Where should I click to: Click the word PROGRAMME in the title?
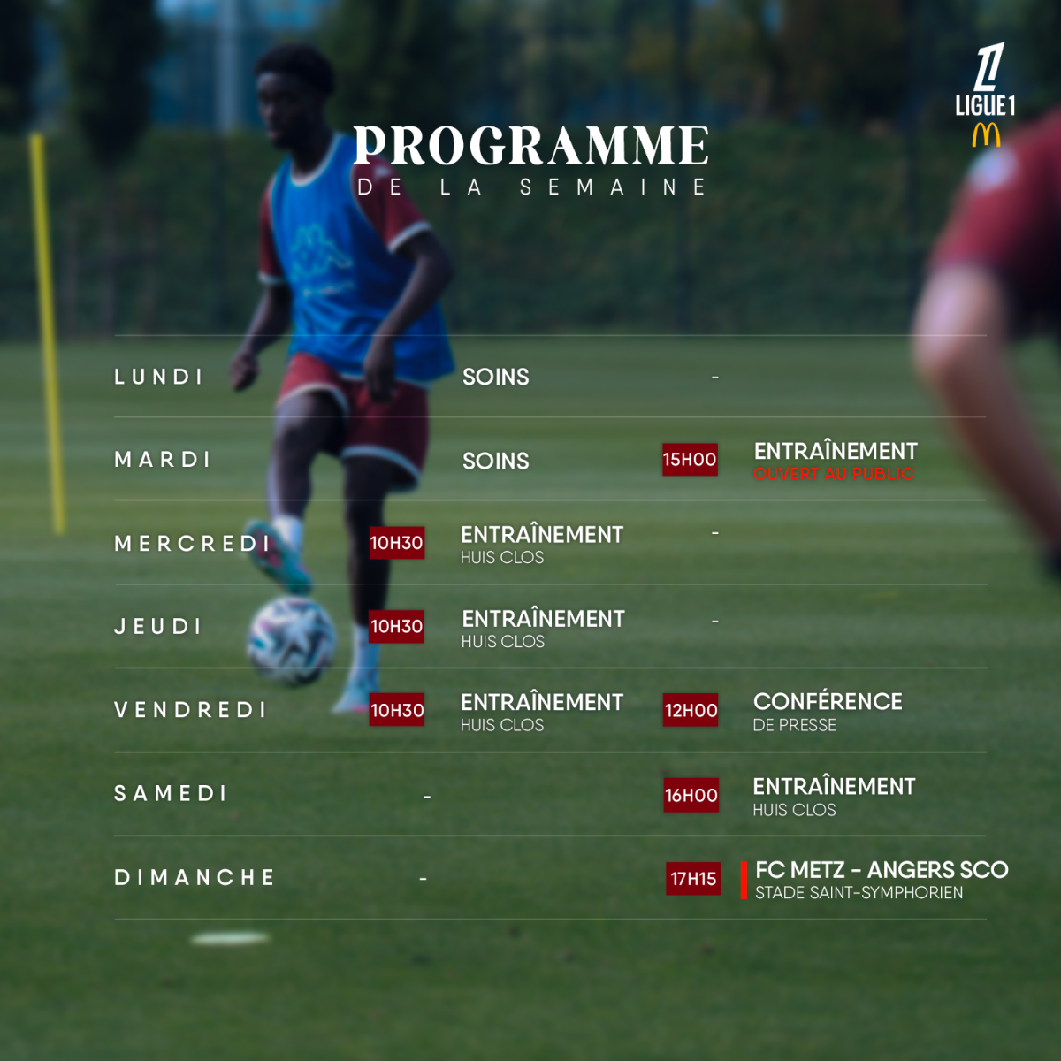click(530, 145)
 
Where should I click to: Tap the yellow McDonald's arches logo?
click(986, 135)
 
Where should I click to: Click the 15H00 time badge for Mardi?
click(690, 460)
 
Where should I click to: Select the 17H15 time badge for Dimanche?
click(693, 878)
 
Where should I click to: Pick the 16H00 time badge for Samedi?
click(691, 795)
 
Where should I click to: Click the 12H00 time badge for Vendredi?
click(691, 710)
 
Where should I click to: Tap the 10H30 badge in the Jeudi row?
click(396, 627)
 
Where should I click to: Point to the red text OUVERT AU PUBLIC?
click(834, 474)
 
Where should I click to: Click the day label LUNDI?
click(158, 378)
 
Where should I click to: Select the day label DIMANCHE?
click(194, 878)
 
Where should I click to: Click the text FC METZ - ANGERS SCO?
click(882, 870)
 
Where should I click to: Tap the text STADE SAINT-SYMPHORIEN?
click(859, 893)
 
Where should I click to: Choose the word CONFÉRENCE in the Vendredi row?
click(828, 702)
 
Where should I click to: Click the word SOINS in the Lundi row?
click(495, 378)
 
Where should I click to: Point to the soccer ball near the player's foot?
click(291, 641)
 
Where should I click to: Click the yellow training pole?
click(48, 333)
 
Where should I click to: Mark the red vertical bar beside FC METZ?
click(744, 881)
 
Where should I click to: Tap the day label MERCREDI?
click(192, 544)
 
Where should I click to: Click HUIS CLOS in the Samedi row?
click(794, 810)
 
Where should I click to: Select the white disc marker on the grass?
click(230, 938)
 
